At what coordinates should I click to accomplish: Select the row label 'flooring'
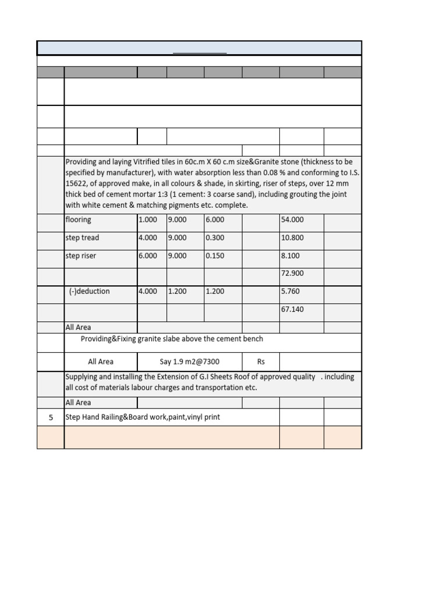(79, 220)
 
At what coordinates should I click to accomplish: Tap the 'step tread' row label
(82, 238)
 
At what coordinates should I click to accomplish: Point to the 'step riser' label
(81, 256)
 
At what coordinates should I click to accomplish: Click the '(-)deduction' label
(89, 292)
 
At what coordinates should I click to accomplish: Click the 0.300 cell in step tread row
(215, 238)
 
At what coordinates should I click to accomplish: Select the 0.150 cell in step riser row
(215, 256)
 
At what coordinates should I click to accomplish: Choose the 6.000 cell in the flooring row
(215, 220)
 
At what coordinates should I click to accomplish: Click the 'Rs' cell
(261, 362)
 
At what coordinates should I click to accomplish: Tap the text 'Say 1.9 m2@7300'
(190, 362)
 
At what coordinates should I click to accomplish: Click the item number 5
(51, 417)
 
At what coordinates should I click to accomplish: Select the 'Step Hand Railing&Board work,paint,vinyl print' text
(143, 417)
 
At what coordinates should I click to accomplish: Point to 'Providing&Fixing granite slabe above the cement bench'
(172, 339)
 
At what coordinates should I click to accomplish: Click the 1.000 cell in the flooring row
(148, 220)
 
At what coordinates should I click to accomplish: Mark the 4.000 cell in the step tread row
(148, 238)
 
